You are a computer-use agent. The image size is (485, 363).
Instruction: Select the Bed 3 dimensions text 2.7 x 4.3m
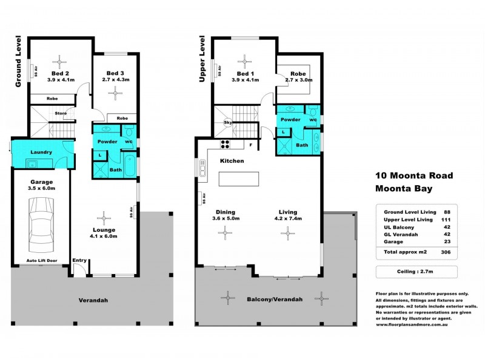point(115,79)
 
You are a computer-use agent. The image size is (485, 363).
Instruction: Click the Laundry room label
point(41,152)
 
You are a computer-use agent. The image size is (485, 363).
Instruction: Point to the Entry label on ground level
point(79,261)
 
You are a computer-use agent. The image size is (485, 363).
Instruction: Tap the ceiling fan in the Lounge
point(104,218)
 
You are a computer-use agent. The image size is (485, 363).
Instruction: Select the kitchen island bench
point(238,179)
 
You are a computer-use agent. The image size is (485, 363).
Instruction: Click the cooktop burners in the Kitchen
point(226,144)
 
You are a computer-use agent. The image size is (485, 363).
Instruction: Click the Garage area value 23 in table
point(446,241)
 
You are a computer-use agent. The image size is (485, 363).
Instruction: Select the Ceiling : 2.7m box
point(416,272)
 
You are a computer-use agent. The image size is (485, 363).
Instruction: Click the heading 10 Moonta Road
point(413,175)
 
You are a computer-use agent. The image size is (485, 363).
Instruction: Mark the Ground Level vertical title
point(18,64)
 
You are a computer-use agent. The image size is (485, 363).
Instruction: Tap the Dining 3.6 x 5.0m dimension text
point(226,218)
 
